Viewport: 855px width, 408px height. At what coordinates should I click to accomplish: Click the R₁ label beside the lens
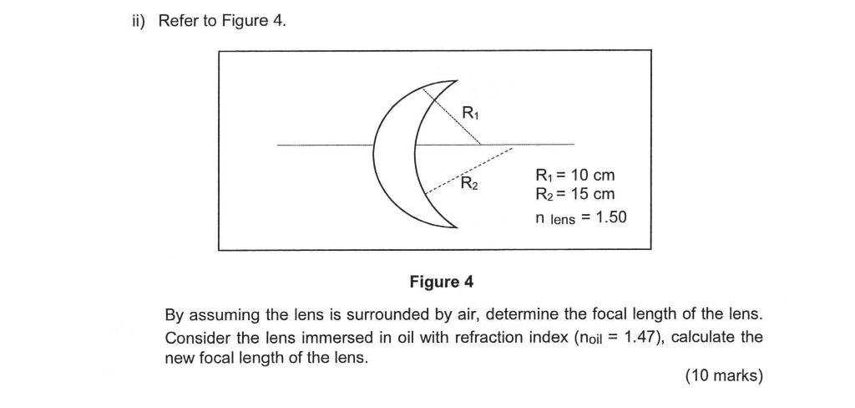tap(471, 114)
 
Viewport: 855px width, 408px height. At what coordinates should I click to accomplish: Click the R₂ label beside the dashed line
tap(470, 183)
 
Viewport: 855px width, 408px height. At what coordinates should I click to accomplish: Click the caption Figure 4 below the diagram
tap(446, 282)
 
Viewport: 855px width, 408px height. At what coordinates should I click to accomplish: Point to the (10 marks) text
tap(723, 375)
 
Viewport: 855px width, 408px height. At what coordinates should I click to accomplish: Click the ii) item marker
tap(134, 21)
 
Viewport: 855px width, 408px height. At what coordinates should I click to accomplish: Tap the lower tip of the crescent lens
tap(456, 226)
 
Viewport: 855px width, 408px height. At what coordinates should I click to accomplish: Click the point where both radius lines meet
tap(481, 145)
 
